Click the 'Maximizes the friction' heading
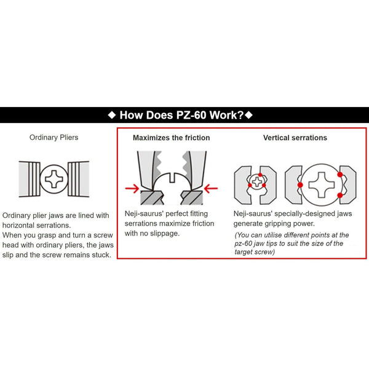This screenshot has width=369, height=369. click(171, 138)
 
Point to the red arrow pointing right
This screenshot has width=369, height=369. click(131, 188)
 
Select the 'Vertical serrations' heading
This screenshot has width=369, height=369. click(295, 138)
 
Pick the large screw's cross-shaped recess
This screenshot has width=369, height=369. click(320, 184)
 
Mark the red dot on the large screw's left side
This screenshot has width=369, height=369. click(300, 184)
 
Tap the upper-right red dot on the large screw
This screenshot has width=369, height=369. click(339, 175)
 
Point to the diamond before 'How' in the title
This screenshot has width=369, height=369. click(111, 115)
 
